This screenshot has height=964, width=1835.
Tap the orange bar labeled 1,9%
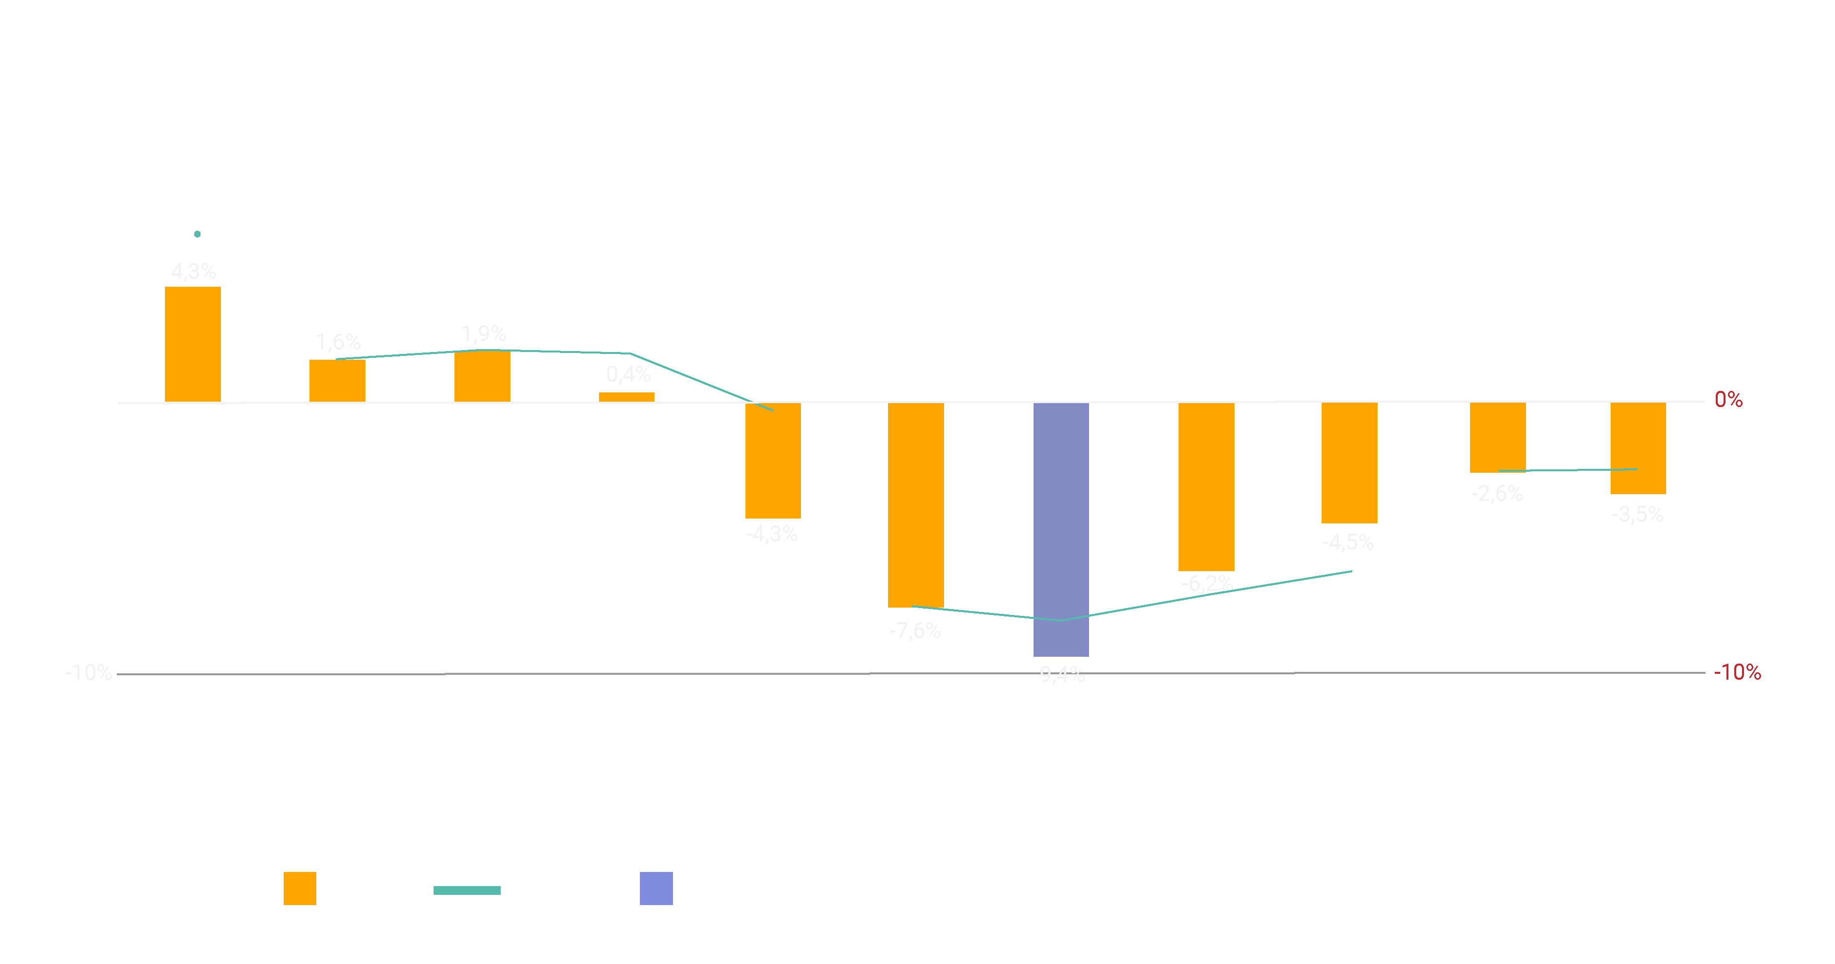[482, 376]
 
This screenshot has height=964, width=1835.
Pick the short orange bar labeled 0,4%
[626, 397]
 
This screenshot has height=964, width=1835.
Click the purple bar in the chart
[1061, 529]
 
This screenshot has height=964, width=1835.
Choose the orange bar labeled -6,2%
[1206, 487]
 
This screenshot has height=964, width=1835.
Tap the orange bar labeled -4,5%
[1349, 463]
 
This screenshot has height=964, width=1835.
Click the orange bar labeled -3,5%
[1638, 447]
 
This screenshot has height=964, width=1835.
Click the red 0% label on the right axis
[1728, 400]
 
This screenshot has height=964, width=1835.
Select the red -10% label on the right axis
[1737, 672]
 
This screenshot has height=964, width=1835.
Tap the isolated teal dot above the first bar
[197, 234]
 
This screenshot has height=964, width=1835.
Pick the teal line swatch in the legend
[467, 890]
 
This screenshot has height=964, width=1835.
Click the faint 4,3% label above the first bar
[194, 272]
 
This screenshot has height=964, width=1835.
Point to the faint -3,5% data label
[1638, 515]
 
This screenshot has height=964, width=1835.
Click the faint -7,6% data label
[915, 630]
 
